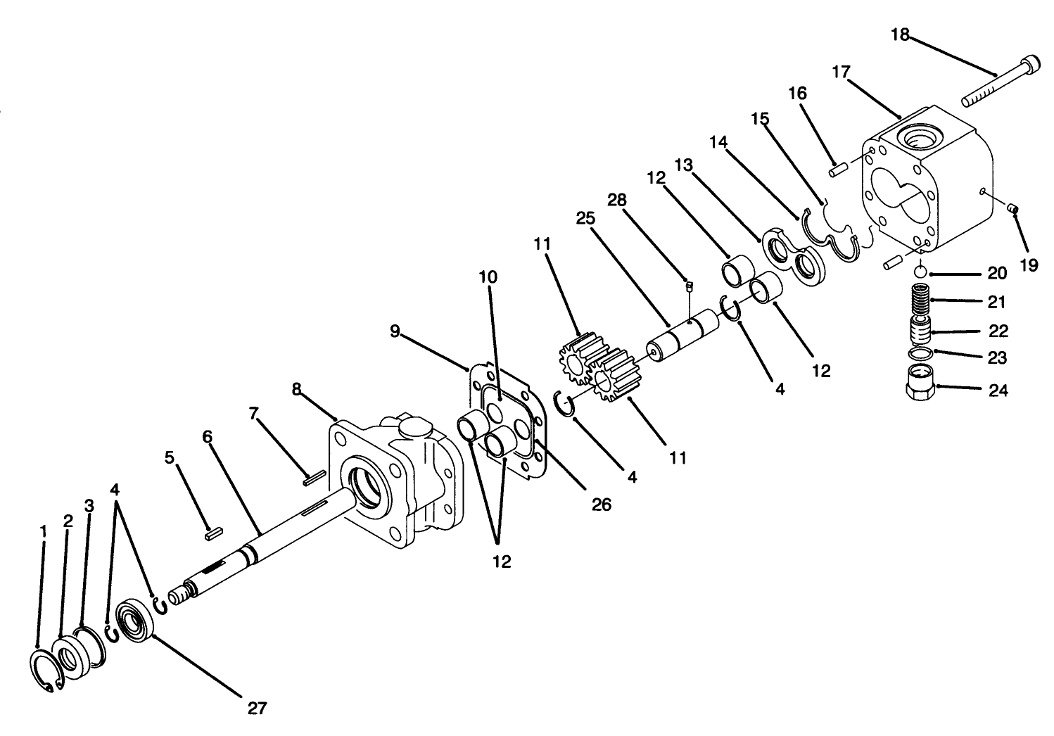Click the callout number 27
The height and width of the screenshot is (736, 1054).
(258, 707)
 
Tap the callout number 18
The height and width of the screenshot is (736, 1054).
(900, 34)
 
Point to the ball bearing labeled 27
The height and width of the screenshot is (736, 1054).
(136, 618)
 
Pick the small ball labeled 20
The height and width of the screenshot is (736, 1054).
(920, 273)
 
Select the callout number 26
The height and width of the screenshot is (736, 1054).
(602, 504)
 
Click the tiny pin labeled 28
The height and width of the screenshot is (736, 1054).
(689, 285)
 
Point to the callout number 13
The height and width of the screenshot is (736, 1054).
(682, 165)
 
